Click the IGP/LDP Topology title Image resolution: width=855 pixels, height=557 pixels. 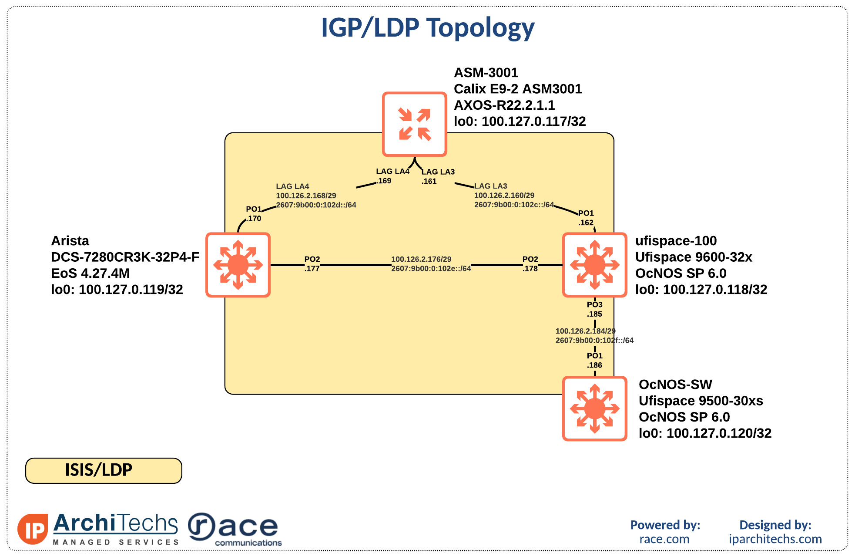pos(428,28)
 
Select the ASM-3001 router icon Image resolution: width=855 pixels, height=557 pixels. pos(414,124)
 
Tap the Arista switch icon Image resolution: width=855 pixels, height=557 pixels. pos(238,265)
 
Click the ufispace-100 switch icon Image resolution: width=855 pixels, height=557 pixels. pos(594,265)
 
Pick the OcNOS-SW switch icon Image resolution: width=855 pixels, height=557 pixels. pos(594,408)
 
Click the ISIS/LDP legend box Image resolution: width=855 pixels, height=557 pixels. pos(104,470)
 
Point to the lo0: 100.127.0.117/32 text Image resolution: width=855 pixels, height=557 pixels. pos(520,122)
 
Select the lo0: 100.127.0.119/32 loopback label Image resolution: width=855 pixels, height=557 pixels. pos(117,290)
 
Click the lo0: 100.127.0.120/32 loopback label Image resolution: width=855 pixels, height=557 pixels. pos(704,433)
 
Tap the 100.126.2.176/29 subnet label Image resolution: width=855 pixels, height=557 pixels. pos(421,259)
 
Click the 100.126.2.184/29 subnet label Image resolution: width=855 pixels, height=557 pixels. pos(585,331)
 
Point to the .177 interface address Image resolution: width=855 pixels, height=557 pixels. pos(312,269)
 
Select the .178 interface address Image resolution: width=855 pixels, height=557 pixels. pos(530,269)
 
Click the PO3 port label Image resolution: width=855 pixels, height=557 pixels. pos(594,304)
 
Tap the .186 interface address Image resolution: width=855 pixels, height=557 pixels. pos(594,365)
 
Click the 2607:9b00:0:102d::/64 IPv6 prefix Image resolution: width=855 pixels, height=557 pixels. pos(316,205)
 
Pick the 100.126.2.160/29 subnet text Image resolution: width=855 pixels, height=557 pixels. pos(504,196)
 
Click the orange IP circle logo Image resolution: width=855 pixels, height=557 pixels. pos(33,529)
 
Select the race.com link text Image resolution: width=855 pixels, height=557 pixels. pos(664,539)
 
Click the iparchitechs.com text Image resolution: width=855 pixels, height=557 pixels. pos(775,539)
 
